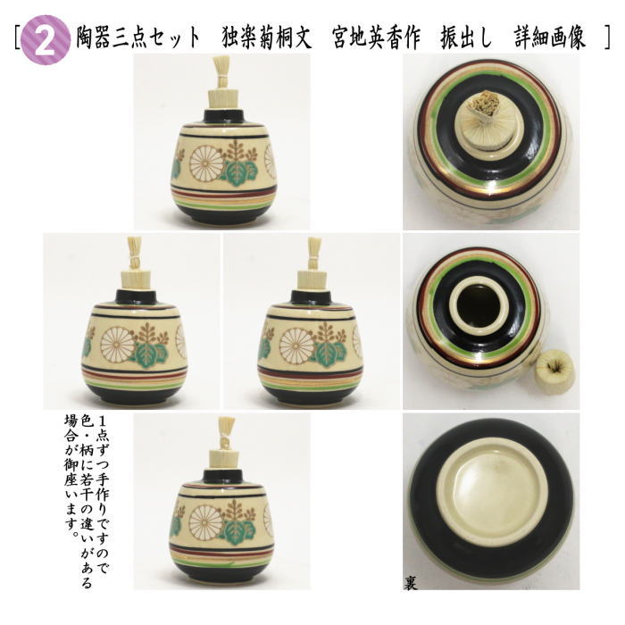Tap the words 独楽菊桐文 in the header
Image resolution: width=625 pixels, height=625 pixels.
pos(266,38)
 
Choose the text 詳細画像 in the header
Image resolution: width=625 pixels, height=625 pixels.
pos(550,38)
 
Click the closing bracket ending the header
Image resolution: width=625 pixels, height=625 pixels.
pos(607,38)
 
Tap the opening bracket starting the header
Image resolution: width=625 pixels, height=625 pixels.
pos(18,38)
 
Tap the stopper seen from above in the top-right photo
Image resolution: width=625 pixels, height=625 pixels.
pos(487,116)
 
